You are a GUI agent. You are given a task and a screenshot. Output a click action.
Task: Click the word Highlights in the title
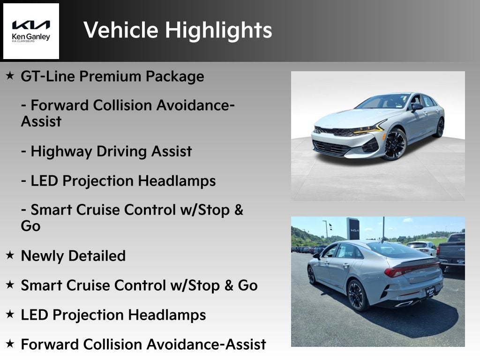[218, 30]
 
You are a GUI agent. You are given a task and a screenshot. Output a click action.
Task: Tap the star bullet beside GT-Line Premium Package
[10, 75]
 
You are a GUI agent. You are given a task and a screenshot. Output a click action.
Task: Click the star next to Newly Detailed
[10, 255]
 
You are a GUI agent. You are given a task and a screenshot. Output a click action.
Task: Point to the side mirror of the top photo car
[416, 107]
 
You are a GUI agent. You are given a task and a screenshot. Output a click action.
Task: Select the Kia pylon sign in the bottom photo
[353, 229]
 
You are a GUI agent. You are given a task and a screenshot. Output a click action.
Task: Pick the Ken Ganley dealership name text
[31, 37]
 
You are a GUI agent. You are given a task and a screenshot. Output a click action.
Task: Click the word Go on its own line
[30, 226]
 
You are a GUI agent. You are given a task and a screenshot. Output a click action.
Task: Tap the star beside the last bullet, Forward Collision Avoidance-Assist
[10, 343]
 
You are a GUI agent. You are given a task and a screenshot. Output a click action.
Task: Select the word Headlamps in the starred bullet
[167, 315]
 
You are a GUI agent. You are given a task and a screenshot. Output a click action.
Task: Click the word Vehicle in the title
[121, 30]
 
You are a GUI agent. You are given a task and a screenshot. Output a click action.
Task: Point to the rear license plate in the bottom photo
[430, 291]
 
